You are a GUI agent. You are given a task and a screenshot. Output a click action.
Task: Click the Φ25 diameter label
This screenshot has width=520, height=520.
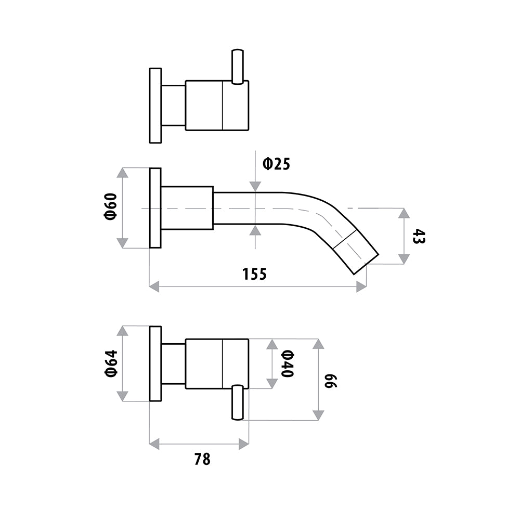(x=276, y=164)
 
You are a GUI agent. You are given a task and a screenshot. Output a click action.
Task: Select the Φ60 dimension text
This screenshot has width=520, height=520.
(x=111, y=206)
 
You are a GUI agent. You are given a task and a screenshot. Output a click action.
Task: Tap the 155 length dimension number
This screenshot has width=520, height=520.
(x=254, y=274)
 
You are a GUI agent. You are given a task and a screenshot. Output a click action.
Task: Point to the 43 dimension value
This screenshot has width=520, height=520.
(x=418, y=236)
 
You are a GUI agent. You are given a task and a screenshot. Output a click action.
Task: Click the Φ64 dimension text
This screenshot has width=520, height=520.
(x=111, y=363)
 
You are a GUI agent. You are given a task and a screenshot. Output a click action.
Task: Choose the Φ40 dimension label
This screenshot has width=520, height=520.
(x=287, y=364)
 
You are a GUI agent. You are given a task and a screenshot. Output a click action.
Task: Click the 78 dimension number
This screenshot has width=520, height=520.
(x=202, y=459)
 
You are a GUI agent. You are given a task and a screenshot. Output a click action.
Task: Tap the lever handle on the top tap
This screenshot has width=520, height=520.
(x=238, y=67)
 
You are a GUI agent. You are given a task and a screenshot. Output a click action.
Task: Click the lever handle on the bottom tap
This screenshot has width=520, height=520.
(x=238, y=402)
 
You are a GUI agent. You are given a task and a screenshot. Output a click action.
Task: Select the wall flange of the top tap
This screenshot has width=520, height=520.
(x=155, y=106)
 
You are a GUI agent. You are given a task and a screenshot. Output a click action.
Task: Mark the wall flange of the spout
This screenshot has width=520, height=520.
(x=155, y=208)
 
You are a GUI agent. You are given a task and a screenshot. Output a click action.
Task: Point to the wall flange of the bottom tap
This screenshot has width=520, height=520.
(x=155, y=364)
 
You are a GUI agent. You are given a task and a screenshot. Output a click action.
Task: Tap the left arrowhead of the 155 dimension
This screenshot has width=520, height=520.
(x=154, y=287)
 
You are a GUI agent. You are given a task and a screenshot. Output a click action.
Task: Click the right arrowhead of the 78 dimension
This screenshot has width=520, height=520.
(x=244, y=444)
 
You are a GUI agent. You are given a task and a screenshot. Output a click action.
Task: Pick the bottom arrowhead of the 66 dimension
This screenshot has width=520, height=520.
(x=318, y=415)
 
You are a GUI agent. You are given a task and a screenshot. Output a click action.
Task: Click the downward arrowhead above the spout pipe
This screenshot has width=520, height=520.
(x=255, y=187)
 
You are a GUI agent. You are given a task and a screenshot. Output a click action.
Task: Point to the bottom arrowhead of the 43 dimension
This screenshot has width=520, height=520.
(x=404, y=258)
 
